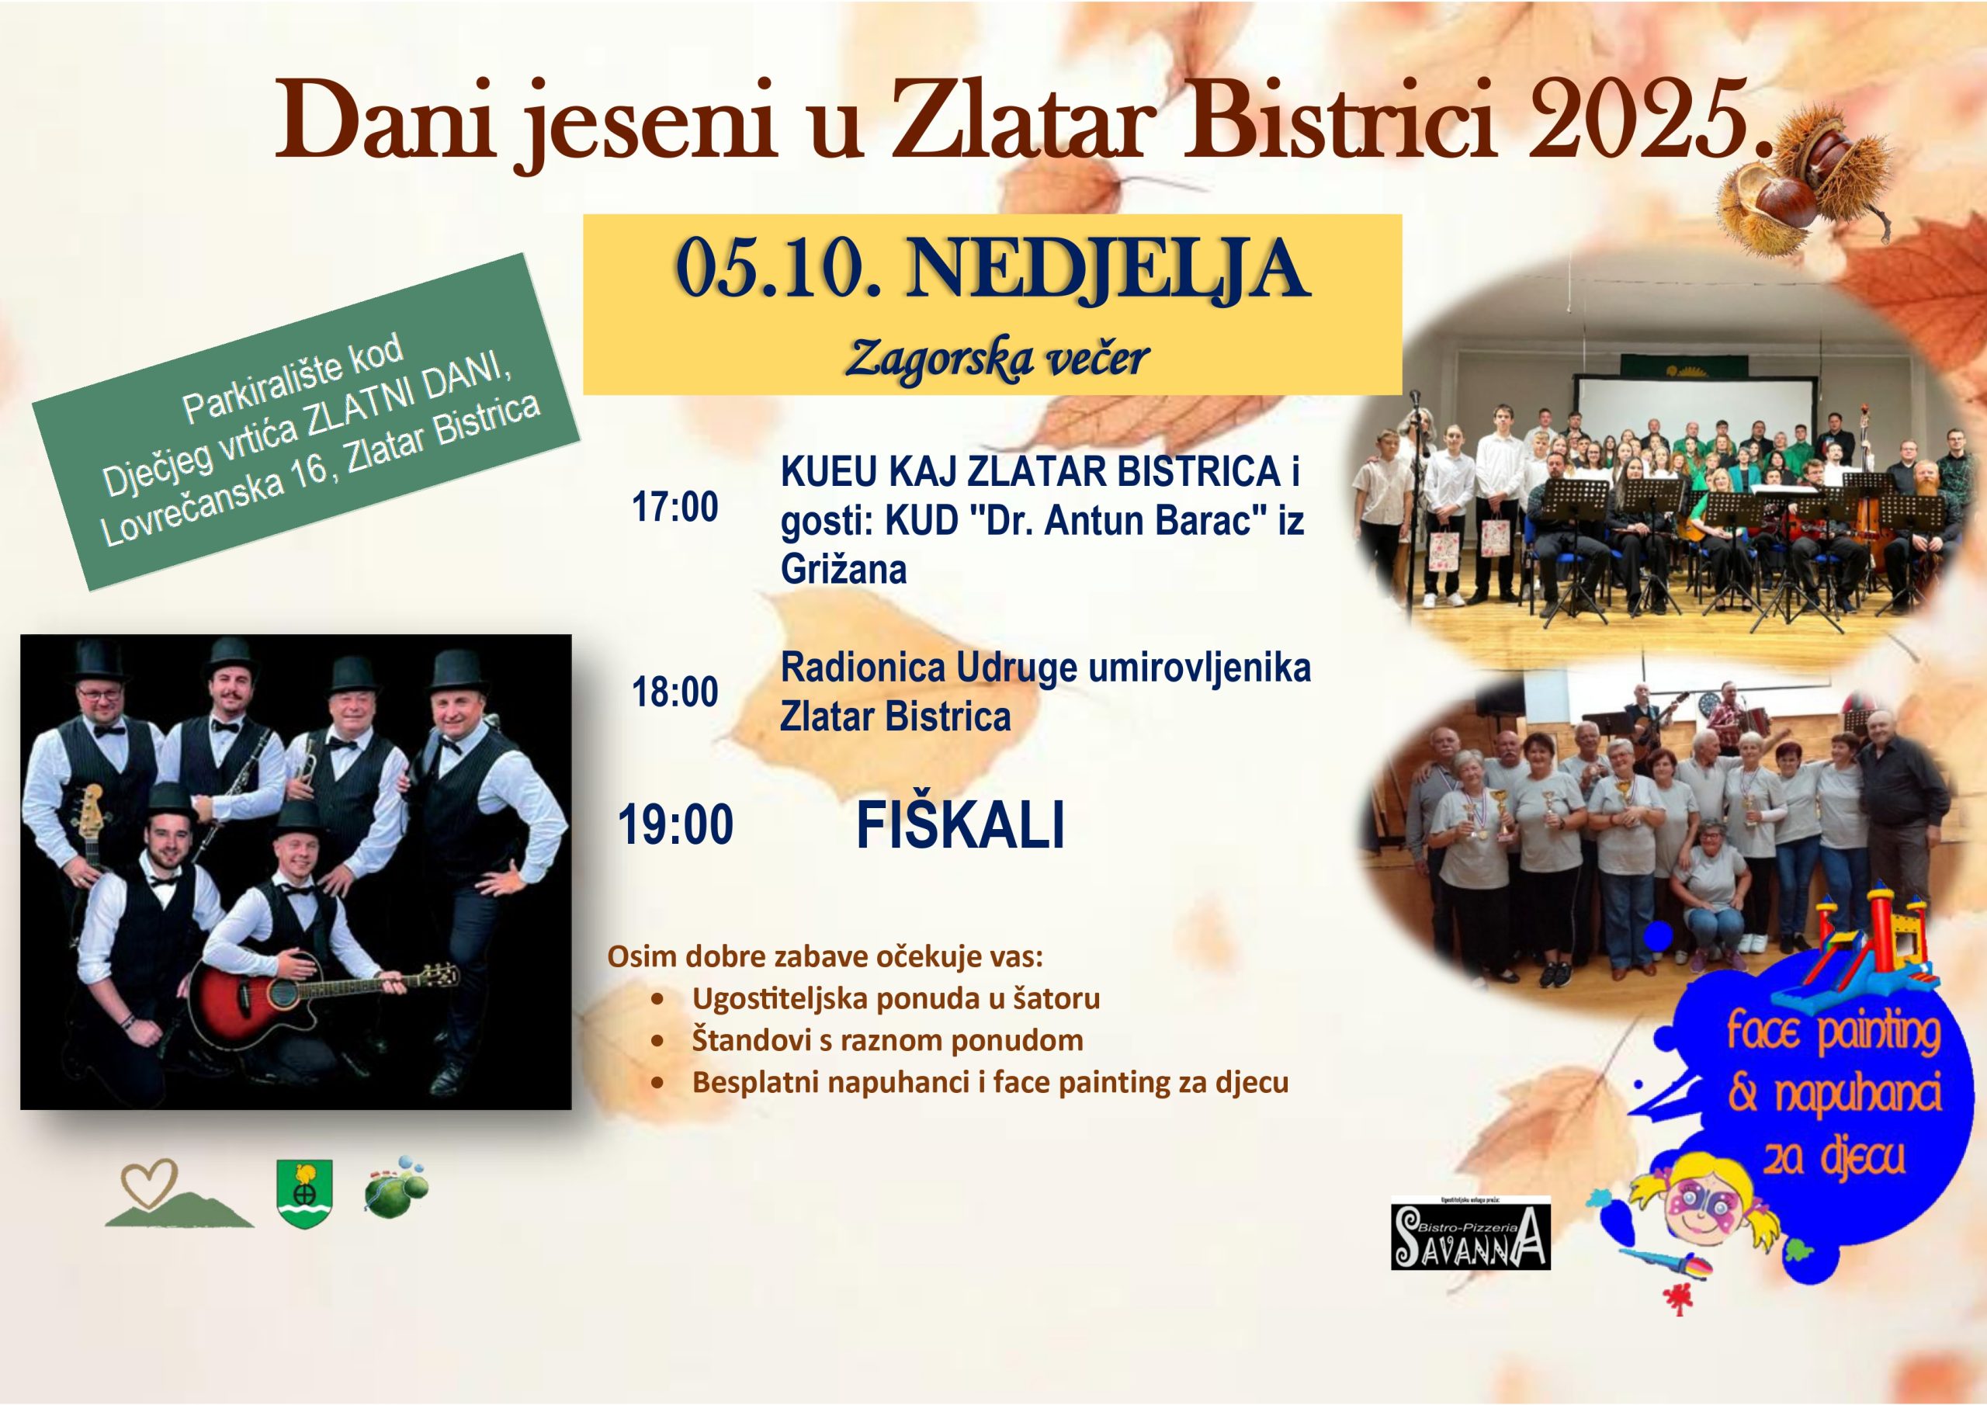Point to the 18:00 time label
click(x=675, y=692)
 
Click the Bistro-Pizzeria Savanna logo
click(x=1470, y=1234)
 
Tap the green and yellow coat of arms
click(x=304, y=1194)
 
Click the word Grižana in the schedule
click(x=843, y=570)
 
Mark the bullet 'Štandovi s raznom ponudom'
click(x=887, y=1039)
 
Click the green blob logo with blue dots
click(x=397, y=1185)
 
